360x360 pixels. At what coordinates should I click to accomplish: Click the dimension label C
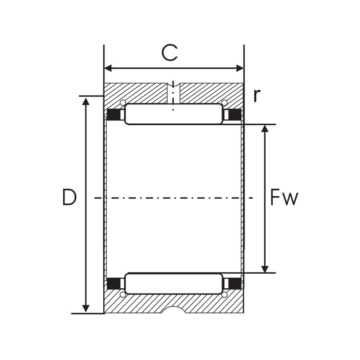(169, 53)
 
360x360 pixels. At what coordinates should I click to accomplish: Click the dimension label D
(69, 198)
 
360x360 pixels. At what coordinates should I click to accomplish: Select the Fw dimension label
(284, 198)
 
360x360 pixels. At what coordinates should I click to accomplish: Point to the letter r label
(256, 96)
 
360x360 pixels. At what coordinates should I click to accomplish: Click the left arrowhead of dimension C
(108, 68)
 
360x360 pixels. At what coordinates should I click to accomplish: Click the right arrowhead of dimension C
(240, 68)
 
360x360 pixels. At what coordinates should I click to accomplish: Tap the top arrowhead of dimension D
(86, 101)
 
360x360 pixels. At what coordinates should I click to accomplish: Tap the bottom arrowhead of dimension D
(86, 309)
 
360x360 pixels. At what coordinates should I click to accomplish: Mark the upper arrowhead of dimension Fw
(265, 129)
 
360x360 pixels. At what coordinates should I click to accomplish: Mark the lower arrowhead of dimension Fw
(265, 269)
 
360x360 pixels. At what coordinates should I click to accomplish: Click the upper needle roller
(173, 114)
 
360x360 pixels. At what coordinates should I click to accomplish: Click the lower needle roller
(173, 284)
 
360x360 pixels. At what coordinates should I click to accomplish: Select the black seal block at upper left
(114, 115)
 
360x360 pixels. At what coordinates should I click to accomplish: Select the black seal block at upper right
(235, 115)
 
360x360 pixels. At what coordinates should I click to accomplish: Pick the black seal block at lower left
(114, 283)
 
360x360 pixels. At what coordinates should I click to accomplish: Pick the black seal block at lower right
(235, 283)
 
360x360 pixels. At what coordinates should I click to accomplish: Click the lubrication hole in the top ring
(173, 93)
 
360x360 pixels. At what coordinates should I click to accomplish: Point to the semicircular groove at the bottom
(173, 310)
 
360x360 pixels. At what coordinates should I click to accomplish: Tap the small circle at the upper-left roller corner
(122, 102)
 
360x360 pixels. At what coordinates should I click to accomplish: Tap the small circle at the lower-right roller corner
(224, 295)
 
